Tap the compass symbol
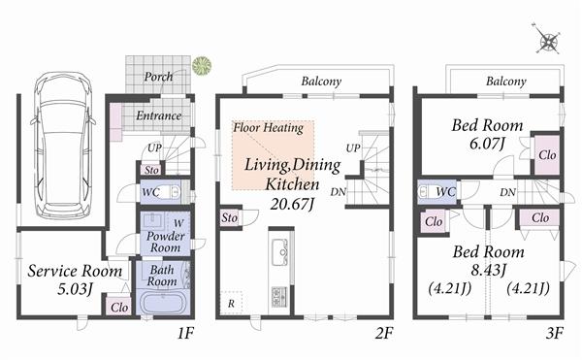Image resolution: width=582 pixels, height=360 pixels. pyautogui.click(x=549, y=42)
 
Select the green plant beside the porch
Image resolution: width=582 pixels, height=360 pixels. pyautogui.click(x=202, y=65)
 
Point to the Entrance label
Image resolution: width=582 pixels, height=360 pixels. pyautogui.click(x=158, y=115)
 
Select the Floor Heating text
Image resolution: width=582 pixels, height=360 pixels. pyautogui.click(x=269, y=127)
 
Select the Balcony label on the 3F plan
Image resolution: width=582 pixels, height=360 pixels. pyautogui.click(x=505, y=82)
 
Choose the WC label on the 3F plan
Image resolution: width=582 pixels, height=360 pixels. pyautogui.click(x=446, y=192)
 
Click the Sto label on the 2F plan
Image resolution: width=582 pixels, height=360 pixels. pyautogui.click(x=230, y=218)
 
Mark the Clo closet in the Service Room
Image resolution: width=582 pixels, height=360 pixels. pyautogui.click(x=118, y=308)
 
